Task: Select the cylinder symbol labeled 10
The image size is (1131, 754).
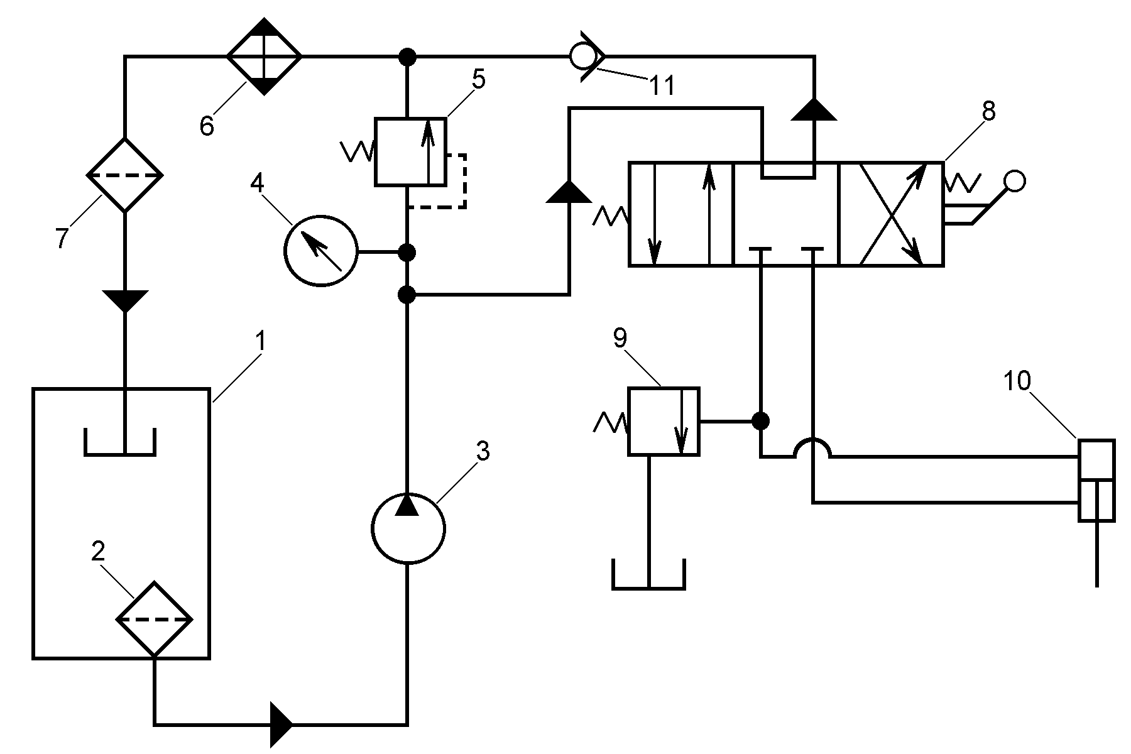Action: (x=1096, y=480)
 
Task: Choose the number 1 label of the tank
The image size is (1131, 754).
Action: (x=261, y=343)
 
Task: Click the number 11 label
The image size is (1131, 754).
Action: (x=662, y=85)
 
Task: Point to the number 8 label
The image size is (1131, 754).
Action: (x=988, y=112)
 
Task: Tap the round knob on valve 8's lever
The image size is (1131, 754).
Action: (x=1015, y=182)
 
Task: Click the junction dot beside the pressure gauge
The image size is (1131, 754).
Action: (x=408, y=253)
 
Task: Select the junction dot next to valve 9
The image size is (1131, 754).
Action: (x=761, y=420)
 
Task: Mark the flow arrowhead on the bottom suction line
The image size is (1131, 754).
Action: (x=281, y=724)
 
